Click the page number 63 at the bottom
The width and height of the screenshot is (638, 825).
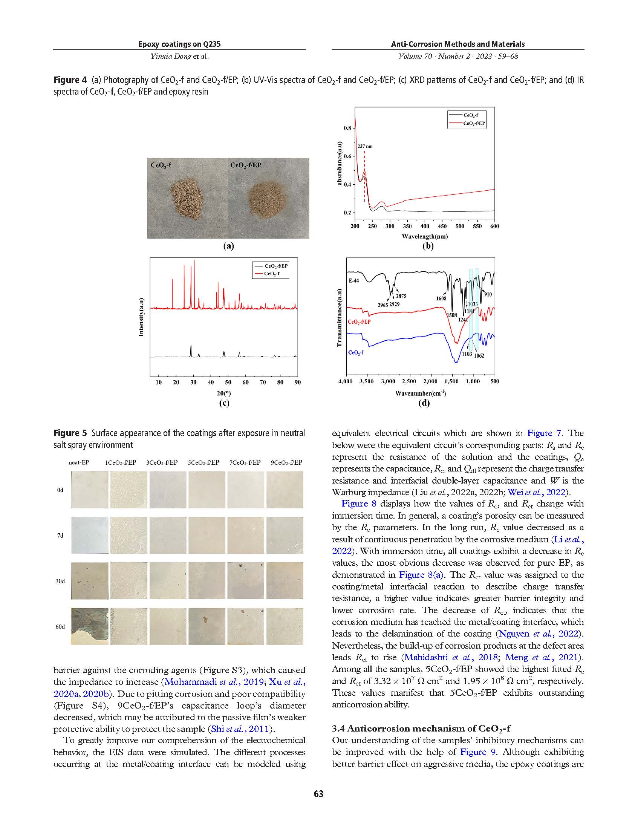[318, 794]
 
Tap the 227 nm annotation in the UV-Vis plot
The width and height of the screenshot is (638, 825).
[365, 146]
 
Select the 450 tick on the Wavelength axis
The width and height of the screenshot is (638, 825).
[442, 226]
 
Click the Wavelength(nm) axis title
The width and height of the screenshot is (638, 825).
[425, 236]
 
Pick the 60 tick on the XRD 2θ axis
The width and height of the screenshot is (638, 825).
[246, 382]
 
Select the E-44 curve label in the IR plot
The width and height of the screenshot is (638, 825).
[353, 281]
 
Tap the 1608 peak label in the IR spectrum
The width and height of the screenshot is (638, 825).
[441, 298]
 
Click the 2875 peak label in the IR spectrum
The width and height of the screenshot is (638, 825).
[401, 297]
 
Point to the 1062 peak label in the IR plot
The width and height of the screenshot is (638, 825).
[479, 355]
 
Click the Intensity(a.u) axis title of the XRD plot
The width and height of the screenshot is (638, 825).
[141, 317]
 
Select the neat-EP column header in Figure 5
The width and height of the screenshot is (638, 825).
[78, 462]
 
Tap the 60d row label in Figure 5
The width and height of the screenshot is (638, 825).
[60, 627]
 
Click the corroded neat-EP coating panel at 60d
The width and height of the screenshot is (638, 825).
[90, 626]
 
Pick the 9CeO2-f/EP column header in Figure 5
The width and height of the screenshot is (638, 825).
[286, 462]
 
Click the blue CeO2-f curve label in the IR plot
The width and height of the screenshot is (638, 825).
[355, 352]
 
